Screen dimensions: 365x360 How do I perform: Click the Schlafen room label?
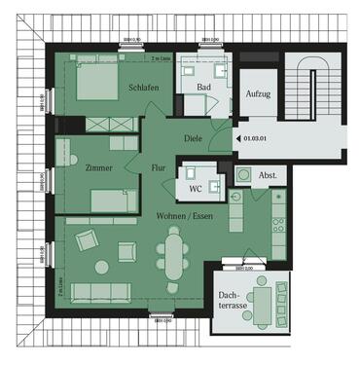[x=143, y=88]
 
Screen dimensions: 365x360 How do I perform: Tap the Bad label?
[x=203, y=88]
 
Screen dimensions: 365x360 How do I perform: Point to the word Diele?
[x=193, y=139]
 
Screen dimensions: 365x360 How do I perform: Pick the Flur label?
[x=158, y=168]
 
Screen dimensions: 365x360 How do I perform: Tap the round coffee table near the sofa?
[x=102, y=265]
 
